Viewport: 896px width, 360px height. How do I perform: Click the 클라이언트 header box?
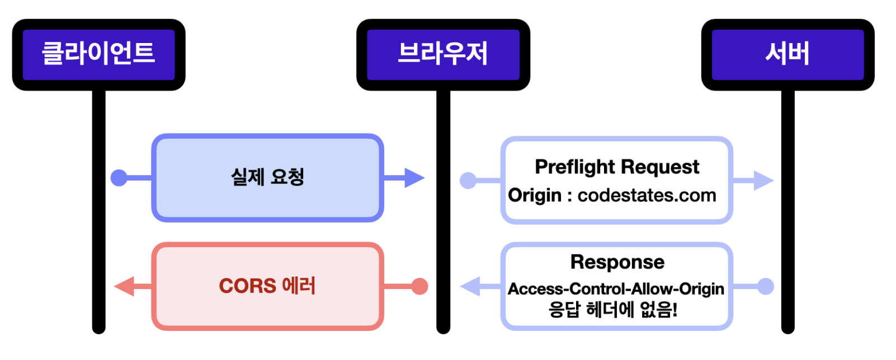pyautogui.click(x=99, y=55)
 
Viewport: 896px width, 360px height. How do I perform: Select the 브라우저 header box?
pyautogui.click(x=443, y=55)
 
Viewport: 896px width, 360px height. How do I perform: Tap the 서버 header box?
pyautogui.click(x=787, y=55)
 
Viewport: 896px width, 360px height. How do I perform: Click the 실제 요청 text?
pyautogui.click(x=267, y=177)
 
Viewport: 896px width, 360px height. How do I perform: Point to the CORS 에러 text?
pyautogui.click(x=267, y=286)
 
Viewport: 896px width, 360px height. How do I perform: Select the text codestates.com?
pyautogui.click(x=647, y=196)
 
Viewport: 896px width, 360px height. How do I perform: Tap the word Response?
pyautogui.click(x=617, y=262)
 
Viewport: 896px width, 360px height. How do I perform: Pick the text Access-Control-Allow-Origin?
pyautogui.click(x=616, y=289)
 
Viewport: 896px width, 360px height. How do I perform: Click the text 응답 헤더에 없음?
pyautogui.click(x=613, y=310)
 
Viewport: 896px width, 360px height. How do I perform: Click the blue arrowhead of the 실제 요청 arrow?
pyautogui.click(x=414, y=178)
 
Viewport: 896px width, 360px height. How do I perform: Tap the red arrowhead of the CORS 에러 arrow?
pyautogui.click(x=124, y=286)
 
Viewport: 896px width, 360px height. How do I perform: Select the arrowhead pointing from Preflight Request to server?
pyautogui.click(x=763, y=181)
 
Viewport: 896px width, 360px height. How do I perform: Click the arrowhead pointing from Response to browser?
pyautogui.click(x=470, y=286)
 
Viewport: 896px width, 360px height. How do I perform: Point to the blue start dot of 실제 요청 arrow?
pyautogui.click(x=119, y=178)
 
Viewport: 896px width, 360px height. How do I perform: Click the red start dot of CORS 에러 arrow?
pyautogui.click(x=419, y=286)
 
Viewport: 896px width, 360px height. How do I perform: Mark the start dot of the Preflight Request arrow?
pyautogui.click(x=468, y=181)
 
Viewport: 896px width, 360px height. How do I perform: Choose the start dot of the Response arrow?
pyautogui.click(x=766, y=286)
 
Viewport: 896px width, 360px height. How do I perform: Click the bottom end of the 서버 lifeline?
pyautogui.click(x=787, y=331)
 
